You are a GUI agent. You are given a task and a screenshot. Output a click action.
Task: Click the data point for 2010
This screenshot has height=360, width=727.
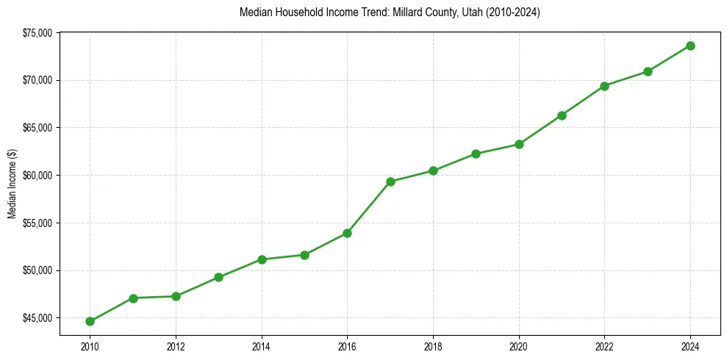pos(90,321)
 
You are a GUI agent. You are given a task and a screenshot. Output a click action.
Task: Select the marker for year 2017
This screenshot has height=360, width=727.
pos(390,181)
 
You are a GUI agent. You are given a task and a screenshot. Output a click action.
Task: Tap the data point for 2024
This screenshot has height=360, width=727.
pos(691,46)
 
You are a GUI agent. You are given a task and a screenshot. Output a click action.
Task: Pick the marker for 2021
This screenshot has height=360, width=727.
pos(562,115)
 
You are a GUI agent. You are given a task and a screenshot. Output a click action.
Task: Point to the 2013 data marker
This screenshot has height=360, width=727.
pos(218,277)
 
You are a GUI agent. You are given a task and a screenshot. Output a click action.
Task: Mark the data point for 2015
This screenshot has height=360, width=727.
pos(304,255)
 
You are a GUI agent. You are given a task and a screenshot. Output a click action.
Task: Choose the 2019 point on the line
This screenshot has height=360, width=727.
pos(476,154)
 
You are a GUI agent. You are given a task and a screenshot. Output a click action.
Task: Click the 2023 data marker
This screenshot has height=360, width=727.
pos(648,71)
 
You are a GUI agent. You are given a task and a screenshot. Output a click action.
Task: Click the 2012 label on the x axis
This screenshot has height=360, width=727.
pos(176,345)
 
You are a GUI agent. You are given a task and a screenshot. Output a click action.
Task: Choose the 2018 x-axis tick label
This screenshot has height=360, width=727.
pos(433,345)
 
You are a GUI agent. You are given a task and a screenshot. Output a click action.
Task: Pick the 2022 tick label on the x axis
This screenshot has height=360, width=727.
pos(605,345)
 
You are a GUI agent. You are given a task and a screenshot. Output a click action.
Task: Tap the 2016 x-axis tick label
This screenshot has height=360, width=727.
pos(347,345)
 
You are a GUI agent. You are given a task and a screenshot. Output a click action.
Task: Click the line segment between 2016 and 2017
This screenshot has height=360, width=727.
pos(369,207)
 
